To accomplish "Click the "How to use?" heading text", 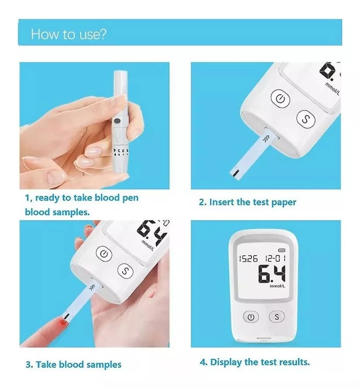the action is point(69,34).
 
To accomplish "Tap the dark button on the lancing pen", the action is point(117,121).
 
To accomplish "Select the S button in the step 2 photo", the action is point(306,119).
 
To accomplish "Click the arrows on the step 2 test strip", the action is point(265,139).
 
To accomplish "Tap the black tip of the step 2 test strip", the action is point(235,173).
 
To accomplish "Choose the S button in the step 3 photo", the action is point(125,271).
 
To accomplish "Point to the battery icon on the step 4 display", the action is point(282,250).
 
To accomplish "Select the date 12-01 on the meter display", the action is point(275,258).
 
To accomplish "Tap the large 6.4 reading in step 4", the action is point(272,274).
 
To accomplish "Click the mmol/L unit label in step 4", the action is point(277,286).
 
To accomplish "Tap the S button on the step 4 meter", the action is point(277,317).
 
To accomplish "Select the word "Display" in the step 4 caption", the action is point(226,363).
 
